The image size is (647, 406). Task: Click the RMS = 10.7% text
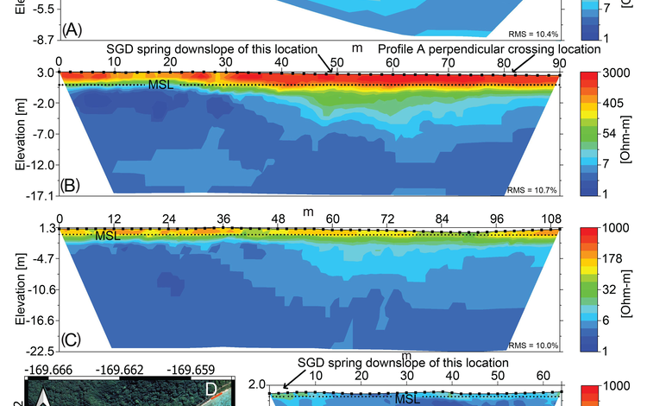coord(534,188)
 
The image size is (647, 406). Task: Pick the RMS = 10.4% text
coord(534,34)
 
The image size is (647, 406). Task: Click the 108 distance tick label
coord(551,218)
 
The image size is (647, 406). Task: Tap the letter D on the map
coord(210,390)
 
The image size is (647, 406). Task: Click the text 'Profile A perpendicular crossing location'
coord(488,49)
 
